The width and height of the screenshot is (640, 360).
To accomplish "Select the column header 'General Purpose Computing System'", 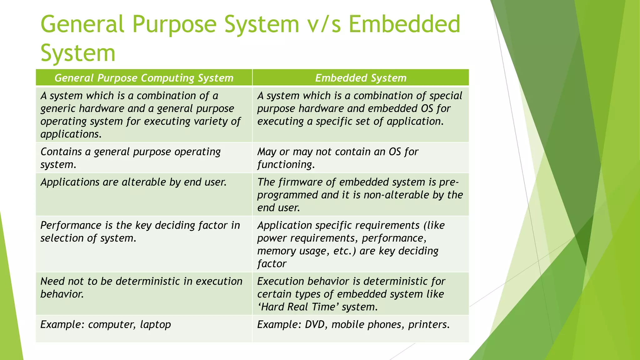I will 144,78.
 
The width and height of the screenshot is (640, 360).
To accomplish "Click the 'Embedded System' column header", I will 361,78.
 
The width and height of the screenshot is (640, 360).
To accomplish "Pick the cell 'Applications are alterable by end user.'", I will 133,182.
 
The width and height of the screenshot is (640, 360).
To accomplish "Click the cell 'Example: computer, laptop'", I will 106,325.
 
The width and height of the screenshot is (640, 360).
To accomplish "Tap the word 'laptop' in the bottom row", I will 155,325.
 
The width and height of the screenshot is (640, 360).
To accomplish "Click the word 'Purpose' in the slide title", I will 174,24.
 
